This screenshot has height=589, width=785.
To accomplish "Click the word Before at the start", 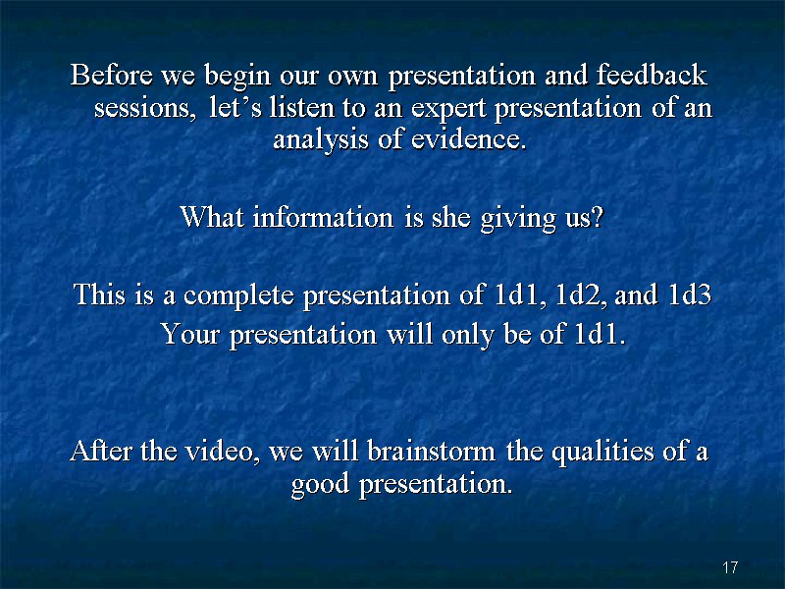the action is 112,75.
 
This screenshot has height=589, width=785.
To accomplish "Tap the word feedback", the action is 652,75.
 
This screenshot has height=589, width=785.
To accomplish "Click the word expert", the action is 448,109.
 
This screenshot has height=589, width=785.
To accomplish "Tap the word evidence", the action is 469,138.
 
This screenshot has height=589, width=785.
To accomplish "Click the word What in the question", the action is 212,217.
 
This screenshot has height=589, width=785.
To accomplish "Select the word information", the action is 323,217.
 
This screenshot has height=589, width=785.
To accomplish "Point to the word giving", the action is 518,219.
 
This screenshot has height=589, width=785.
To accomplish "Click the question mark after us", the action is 598,217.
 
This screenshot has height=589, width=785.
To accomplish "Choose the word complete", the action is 238,295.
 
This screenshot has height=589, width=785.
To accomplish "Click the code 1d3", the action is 690,294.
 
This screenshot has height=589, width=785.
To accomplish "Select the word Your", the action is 189,334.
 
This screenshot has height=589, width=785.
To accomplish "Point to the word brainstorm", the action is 431,451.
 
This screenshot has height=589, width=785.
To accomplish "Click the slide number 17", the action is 730,567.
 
